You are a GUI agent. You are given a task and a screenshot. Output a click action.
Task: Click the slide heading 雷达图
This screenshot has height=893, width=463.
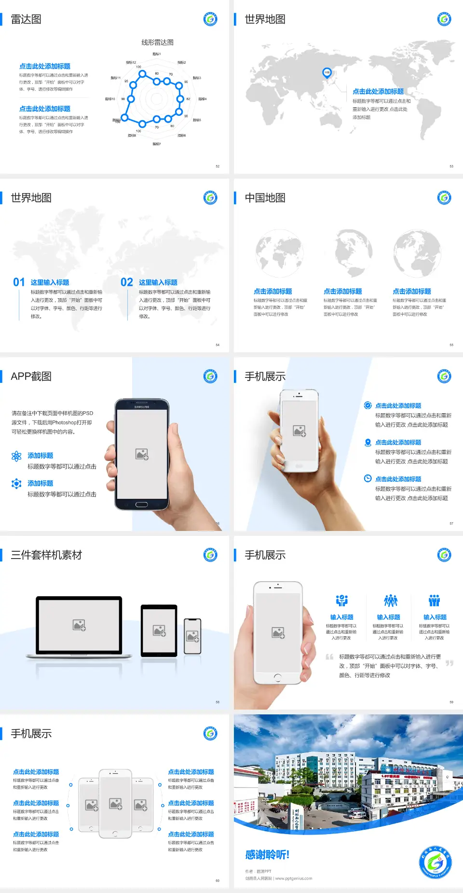point(26,19)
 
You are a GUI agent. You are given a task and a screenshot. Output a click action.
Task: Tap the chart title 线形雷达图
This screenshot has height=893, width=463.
point(157,42)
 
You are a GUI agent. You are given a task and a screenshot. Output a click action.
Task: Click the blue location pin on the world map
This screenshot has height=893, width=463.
point(327,73)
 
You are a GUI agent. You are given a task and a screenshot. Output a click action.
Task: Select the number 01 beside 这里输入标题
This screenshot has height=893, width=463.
point(19,282)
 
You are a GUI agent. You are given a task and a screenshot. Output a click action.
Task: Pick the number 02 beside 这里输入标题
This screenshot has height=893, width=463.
point(127,282)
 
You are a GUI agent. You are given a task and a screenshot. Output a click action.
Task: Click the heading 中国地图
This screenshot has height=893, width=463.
point(265,198)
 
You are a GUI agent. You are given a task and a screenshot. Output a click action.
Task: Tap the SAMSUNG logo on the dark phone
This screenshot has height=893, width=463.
point(142,407)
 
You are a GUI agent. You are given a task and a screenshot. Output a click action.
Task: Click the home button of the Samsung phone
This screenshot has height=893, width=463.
point(141,504)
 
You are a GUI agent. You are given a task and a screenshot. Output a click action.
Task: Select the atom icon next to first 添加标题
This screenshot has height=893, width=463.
point(16,456)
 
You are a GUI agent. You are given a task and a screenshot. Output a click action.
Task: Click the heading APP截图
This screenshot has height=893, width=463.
point(31,377)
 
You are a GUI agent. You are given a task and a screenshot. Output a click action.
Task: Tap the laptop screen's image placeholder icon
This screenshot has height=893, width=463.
point(79,625)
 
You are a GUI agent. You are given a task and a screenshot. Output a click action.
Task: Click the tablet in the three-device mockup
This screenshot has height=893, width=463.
point(159,630)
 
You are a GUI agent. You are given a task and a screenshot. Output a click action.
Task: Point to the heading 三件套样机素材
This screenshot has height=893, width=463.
point(46,555)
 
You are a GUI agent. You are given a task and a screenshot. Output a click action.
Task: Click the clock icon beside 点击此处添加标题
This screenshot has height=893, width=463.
point(368,478)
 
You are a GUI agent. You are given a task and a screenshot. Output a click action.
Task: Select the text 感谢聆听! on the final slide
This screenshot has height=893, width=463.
point(267,855)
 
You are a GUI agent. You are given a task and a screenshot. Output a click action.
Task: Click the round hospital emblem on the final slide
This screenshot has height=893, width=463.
point(436,862)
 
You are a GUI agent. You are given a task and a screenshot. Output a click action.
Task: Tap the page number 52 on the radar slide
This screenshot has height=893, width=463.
point(218,166)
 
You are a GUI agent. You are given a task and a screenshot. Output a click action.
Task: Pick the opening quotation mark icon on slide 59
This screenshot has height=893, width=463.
point(329,657)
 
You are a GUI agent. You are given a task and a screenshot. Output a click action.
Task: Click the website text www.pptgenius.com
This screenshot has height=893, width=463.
point(294,879)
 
